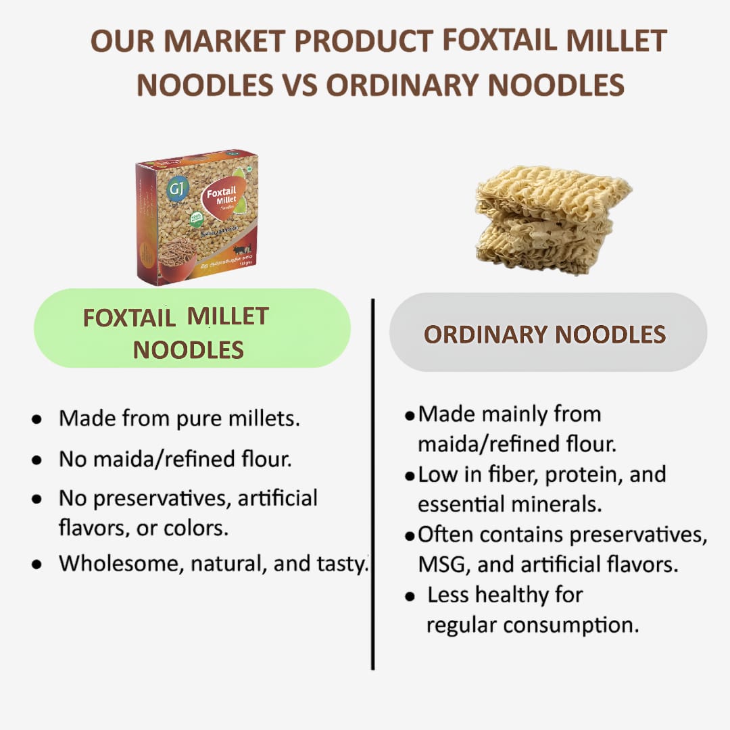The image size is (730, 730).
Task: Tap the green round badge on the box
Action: click(x=197, y=219)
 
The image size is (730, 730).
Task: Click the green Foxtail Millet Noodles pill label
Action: click(x=192, y=328)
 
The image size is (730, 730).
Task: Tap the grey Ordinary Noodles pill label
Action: click(x=547, y=333)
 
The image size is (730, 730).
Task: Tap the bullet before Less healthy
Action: click(x=410, y=597)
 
